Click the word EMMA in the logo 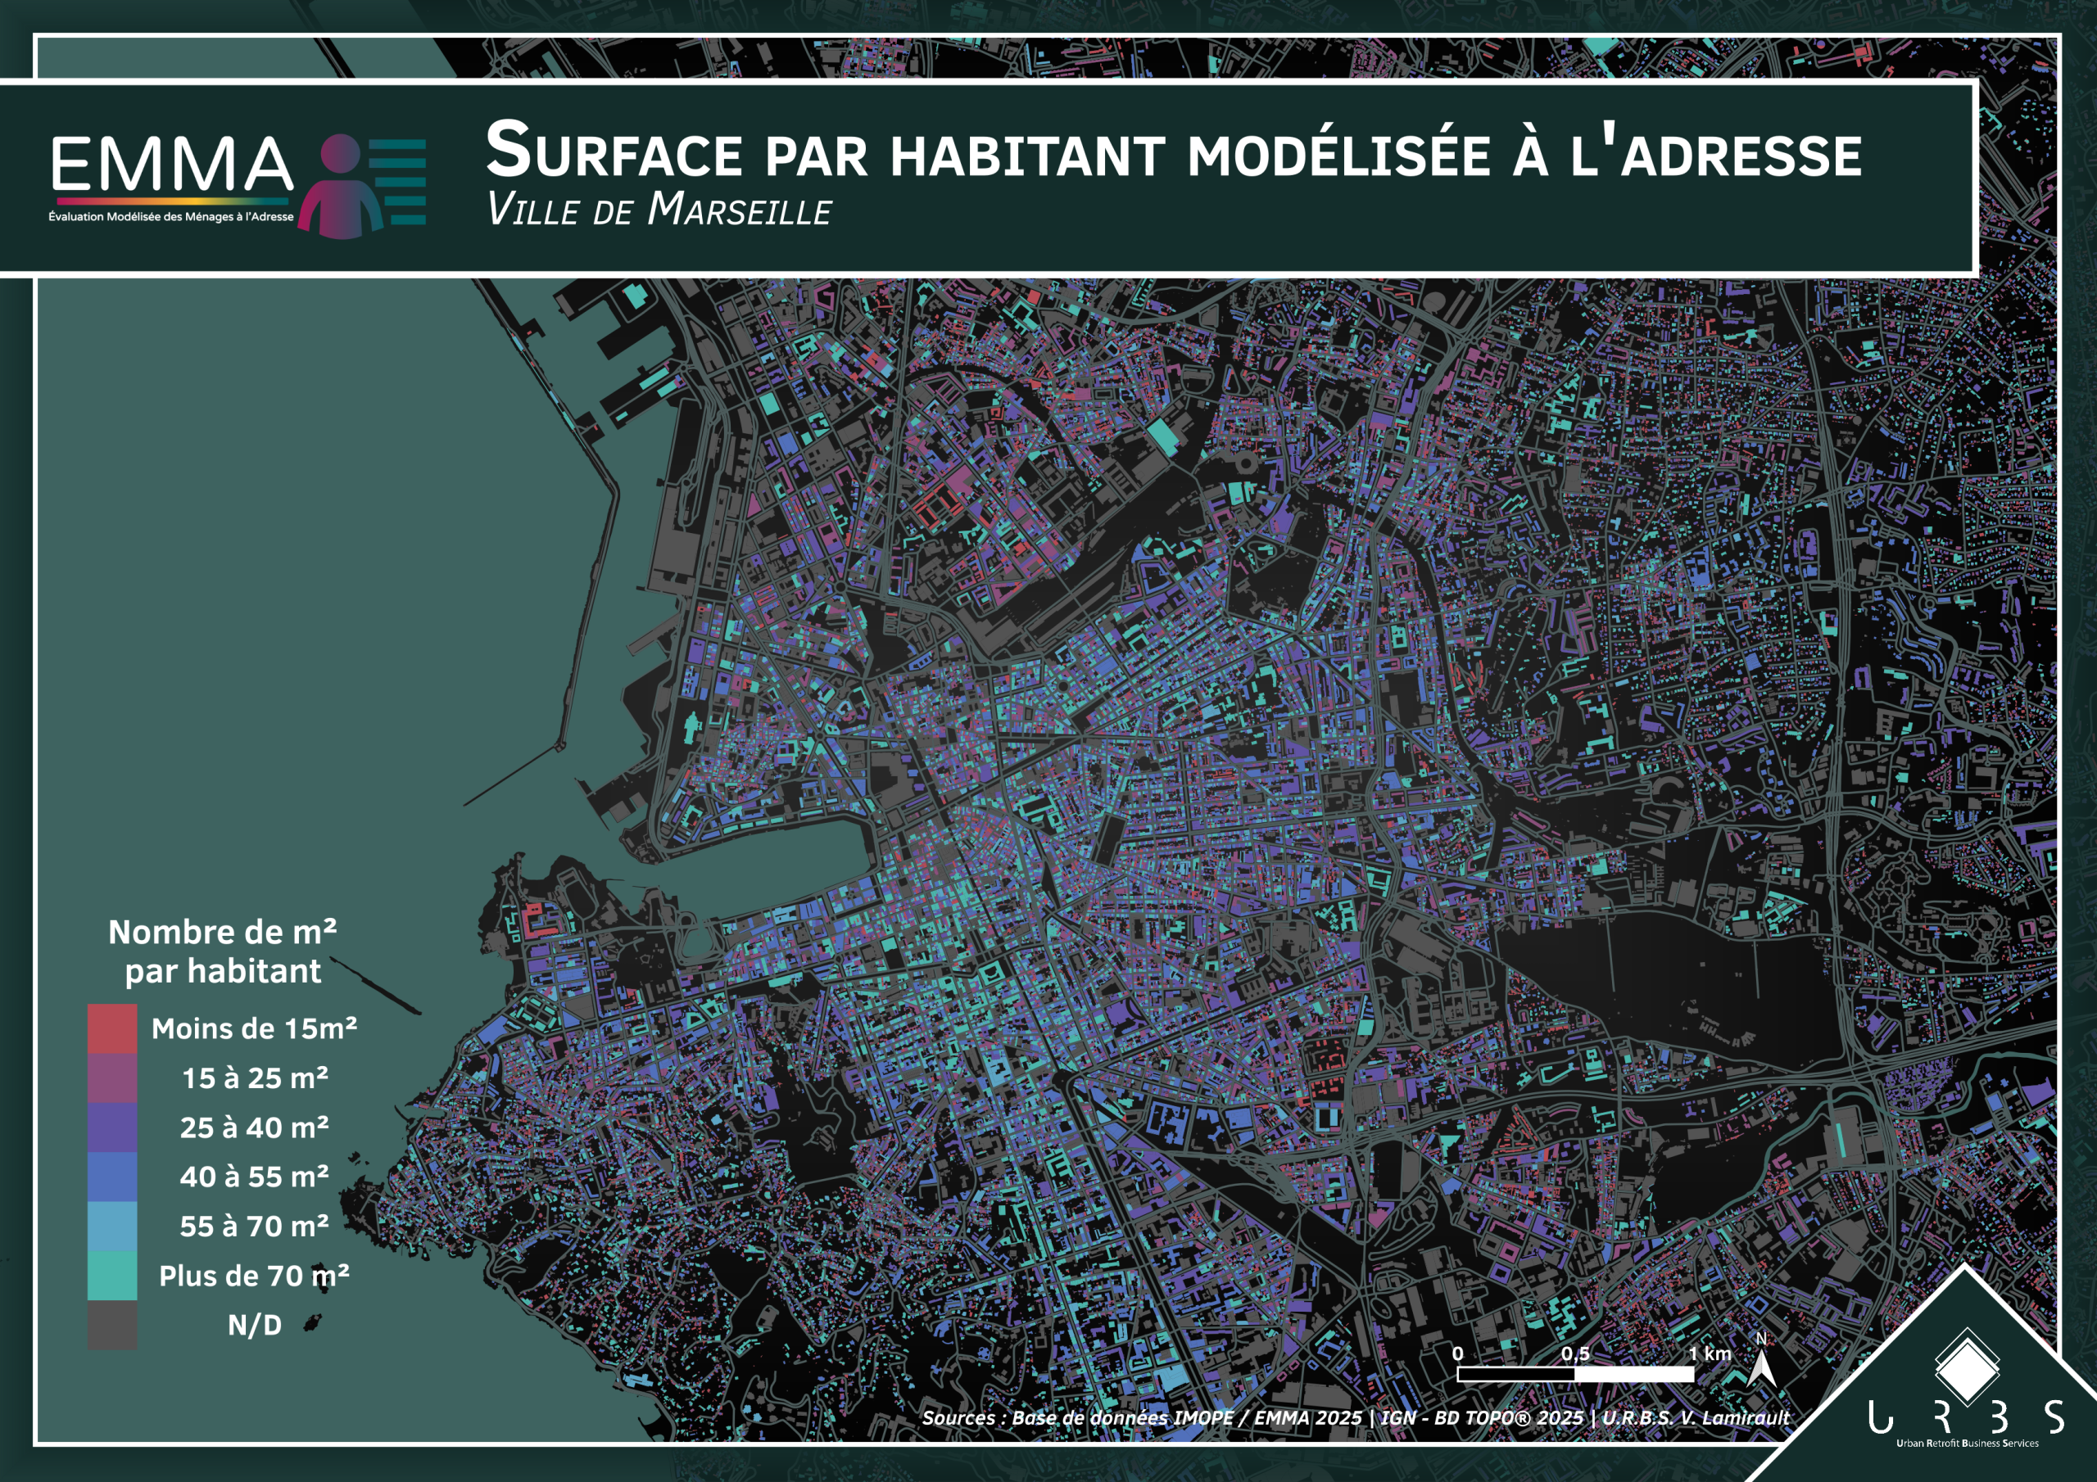(x=172, y=165)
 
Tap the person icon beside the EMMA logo (x=342, y=188)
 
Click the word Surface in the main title (x=613, y=151)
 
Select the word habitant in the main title (x=1027, y=156)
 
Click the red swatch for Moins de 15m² (x=112, y=1029)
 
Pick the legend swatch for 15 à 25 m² (x=112, y=1078)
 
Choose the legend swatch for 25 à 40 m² (x=112, y=1127)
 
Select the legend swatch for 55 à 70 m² (x=112, y=1227)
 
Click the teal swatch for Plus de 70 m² (x=112, y=1276)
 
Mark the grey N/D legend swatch (x=112, y=1325)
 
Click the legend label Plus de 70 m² (x=254, y=1276)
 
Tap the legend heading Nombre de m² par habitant (x=223, y=951)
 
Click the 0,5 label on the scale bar (x=1574, y=1353)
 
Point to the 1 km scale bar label (x=1709, y=1353)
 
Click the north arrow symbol (x=1761, y=1366)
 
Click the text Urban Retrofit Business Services (x=1967, y=1444)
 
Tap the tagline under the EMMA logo (x=171, y=217)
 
